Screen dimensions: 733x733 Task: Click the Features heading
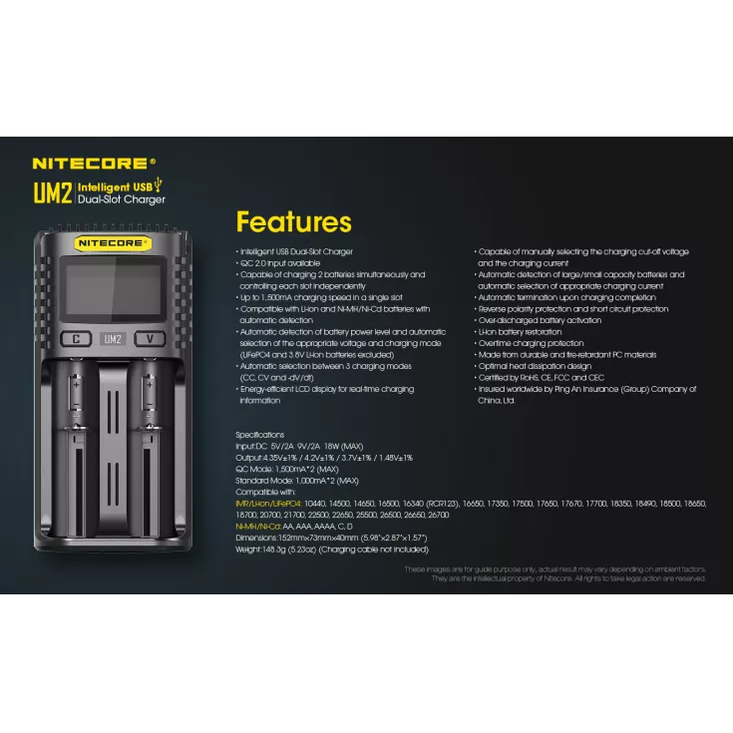(x=293, y=221)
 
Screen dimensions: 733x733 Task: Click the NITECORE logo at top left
(x=94, y=163)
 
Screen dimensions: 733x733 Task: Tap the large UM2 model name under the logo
(x=52, y=192)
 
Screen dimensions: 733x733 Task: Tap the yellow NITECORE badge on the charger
(x=112, y=242)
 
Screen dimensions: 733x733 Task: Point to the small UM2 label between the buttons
(x=112, y=339)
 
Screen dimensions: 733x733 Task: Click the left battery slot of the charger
(x=76, y=439)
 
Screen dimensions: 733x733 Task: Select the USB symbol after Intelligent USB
(x=158, y=185)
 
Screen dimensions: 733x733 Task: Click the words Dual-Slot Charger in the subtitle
(x=122, y=199)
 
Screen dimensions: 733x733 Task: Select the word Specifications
(x=259, y=436)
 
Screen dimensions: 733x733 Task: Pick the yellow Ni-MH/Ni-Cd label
(x=257, y=527)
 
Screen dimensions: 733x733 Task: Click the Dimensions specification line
(x=330, y=538)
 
